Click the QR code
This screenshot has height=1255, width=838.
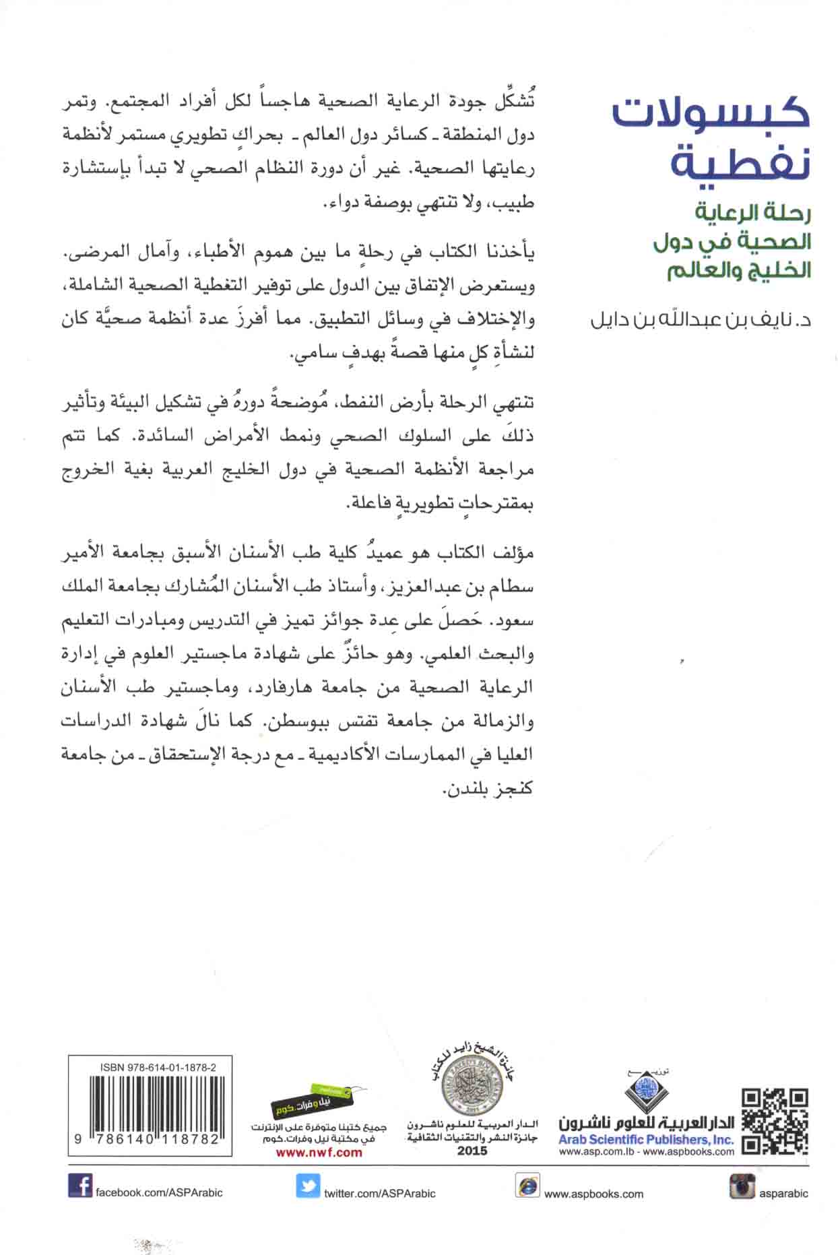[x=774, y=1121]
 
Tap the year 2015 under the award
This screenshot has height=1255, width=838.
[x=472, y=1151]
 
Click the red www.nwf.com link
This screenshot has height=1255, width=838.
[x=319, y=1152]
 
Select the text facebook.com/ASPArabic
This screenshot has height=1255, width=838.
[x=159, y=1192]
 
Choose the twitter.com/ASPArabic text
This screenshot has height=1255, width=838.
[x=379, y=1193]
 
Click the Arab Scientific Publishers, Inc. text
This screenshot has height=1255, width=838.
[x=646, y=1139]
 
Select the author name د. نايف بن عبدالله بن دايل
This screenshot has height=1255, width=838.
[x=700, y=319]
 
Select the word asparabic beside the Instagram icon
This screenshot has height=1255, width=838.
[x=783, y=1193]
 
